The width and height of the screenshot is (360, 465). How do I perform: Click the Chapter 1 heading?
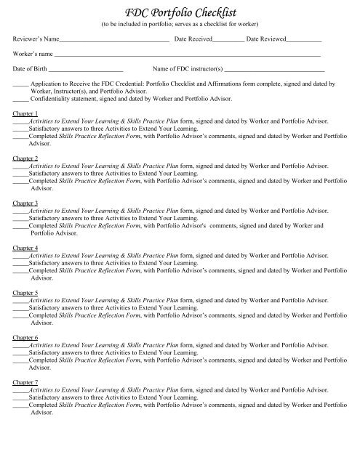(x=26, y=113)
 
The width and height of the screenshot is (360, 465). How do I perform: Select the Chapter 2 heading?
(x=26, y=158)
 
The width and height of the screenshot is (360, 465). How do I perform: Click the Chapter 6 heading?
(x=26, y=337)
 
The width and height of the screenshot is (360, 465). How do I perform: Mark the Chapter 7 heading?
(x=26, y=382)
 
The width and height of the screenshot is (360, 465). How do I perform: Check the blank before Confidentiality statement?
(x=21, y=100)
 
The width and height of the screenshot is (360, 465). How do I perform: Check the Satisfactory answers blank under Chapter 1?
(x=21, y=129)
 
